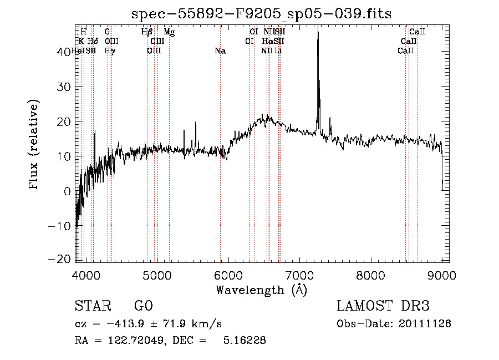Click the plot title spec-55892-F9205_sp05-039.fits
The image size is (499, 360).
(261, 14)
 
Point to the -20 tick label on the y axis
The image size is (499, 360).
(59, 260)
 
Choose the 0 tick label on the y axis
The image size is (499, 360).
(68, 191)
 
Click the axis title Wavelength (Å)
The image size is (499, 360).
(261, 290)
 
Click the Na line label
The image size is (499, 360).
(220, 51)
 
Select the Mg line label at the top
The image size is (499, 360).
(169, 32)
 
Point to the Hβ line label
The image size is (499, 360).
(147, 32)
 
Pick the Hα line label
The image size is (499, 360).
(268, 41)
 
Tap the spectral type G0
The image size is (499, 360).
(143, 306)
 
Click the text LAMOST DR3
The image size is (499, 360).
(383, 306)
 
